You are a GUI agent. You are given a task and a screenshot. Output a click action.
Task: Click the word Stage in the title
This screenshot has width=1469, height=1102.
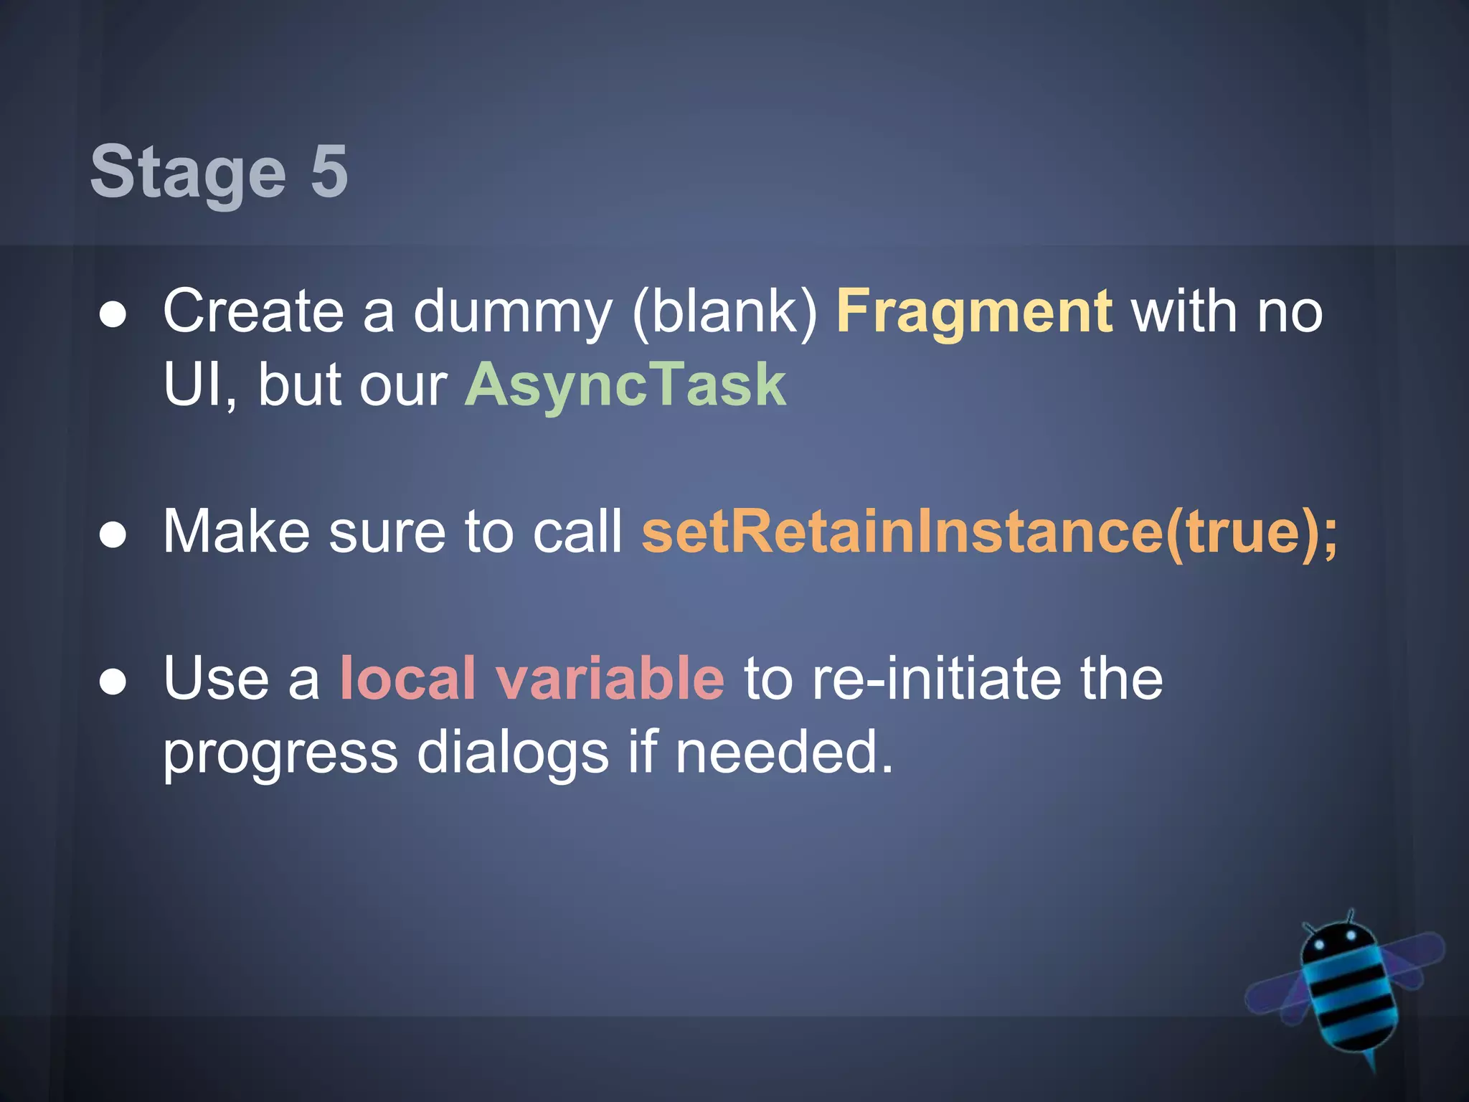(188, 172)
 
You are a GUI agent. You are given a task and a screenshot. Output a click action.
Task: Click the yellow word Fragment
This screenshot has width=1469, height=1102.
(974, 312)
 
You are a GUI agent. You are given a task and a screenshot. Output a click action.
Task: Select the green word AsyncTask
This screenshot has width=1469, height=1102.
(625, 385)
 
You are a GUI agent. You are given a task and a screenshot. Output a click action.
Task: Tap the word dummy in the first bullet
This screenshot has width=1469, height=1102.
(512, 314)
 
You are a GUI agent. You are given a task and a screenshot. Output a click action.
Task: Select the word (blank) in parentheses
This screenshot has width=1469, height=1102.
(724, 314)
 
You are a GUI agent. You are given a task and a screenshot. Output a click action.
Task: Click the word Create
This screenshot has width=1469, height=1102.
(253, 312)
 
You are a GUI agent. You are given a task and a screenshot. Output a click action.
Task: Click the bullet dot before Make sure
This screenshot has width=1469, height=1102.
(113, 535)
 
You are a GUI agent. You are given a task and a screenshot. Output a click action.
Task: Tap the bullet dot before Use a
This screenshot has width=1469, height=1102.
(113, 682)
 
